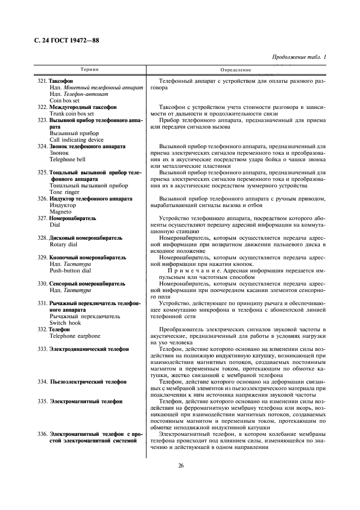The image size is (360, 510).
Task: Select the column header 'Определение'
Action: click(x=236, y=70)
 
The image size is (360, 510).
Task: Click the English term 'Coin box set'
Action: click(x=64, y=101)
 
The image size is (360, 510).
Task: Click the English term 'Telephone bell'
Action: click(x=68, y=160)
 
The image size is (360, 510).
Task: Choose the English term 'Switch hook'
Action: click(x=65, y=323)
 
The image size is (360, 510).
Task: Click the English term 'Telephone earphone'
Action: click(x=74, y=336)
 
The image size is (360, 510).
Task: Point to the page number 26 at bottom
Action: click(x=180, y=465)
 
